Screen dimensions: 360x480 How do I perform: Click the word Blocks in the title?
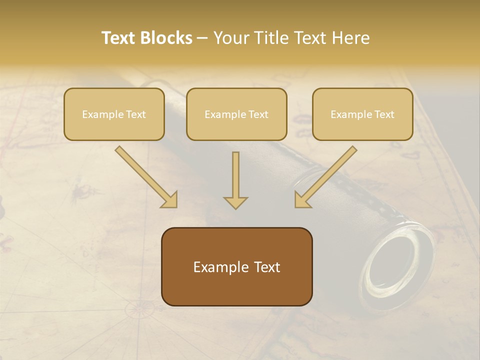(x=166, y=38)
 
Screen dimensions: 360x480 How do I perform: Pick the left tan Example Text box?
(x=114, y=114)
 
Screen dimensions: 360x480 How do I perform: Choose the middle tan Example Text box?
(x=236, y=114)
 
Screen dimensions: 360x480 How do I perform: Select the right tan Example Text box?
(x=362, y=114)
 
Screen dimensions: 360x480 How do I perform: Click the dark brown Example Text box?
(x=236, y=266)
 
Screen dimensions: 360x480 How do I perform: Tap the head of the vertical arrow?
(x=235, y=202)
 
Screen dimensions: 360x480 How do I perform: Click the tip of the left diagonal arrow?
(x=175, y=205)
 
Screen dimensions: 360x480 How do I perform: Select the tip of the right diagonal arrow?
(x=297, y=205)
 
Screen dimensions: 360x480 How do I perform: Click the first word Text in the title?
(x=119, y=38)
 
